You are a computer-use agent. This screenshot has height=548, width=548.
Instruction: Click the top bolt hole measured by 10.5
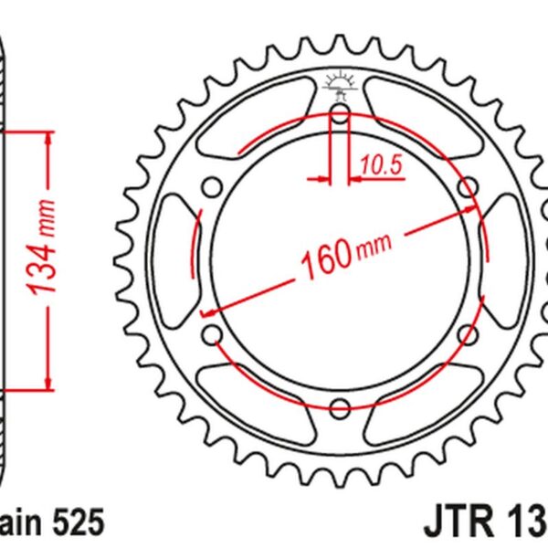point(339,117)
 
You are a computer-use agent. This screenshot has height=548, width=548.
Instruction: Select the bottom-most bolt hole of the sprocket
point(339,406)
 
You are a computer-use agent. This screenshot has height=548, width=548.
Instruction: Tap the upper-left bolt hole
point(213,189)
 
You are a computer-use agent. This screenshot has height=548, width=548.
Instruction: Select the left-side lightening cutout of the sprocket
point(175,261)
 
